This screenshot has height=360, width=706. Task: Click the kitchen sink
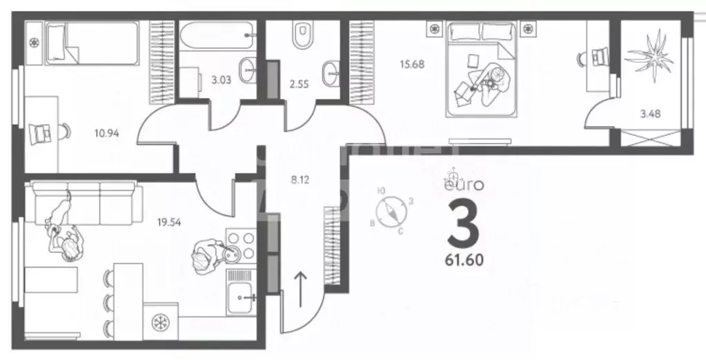pyautogui.click(x=244, y=297)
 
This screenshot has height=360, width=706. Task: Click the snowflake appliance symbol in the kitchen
pyautogui.click(x=159, y=323)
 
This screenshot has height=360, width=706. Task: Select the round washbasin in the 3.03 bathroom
pyautogui.click(x=248, y=68)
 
